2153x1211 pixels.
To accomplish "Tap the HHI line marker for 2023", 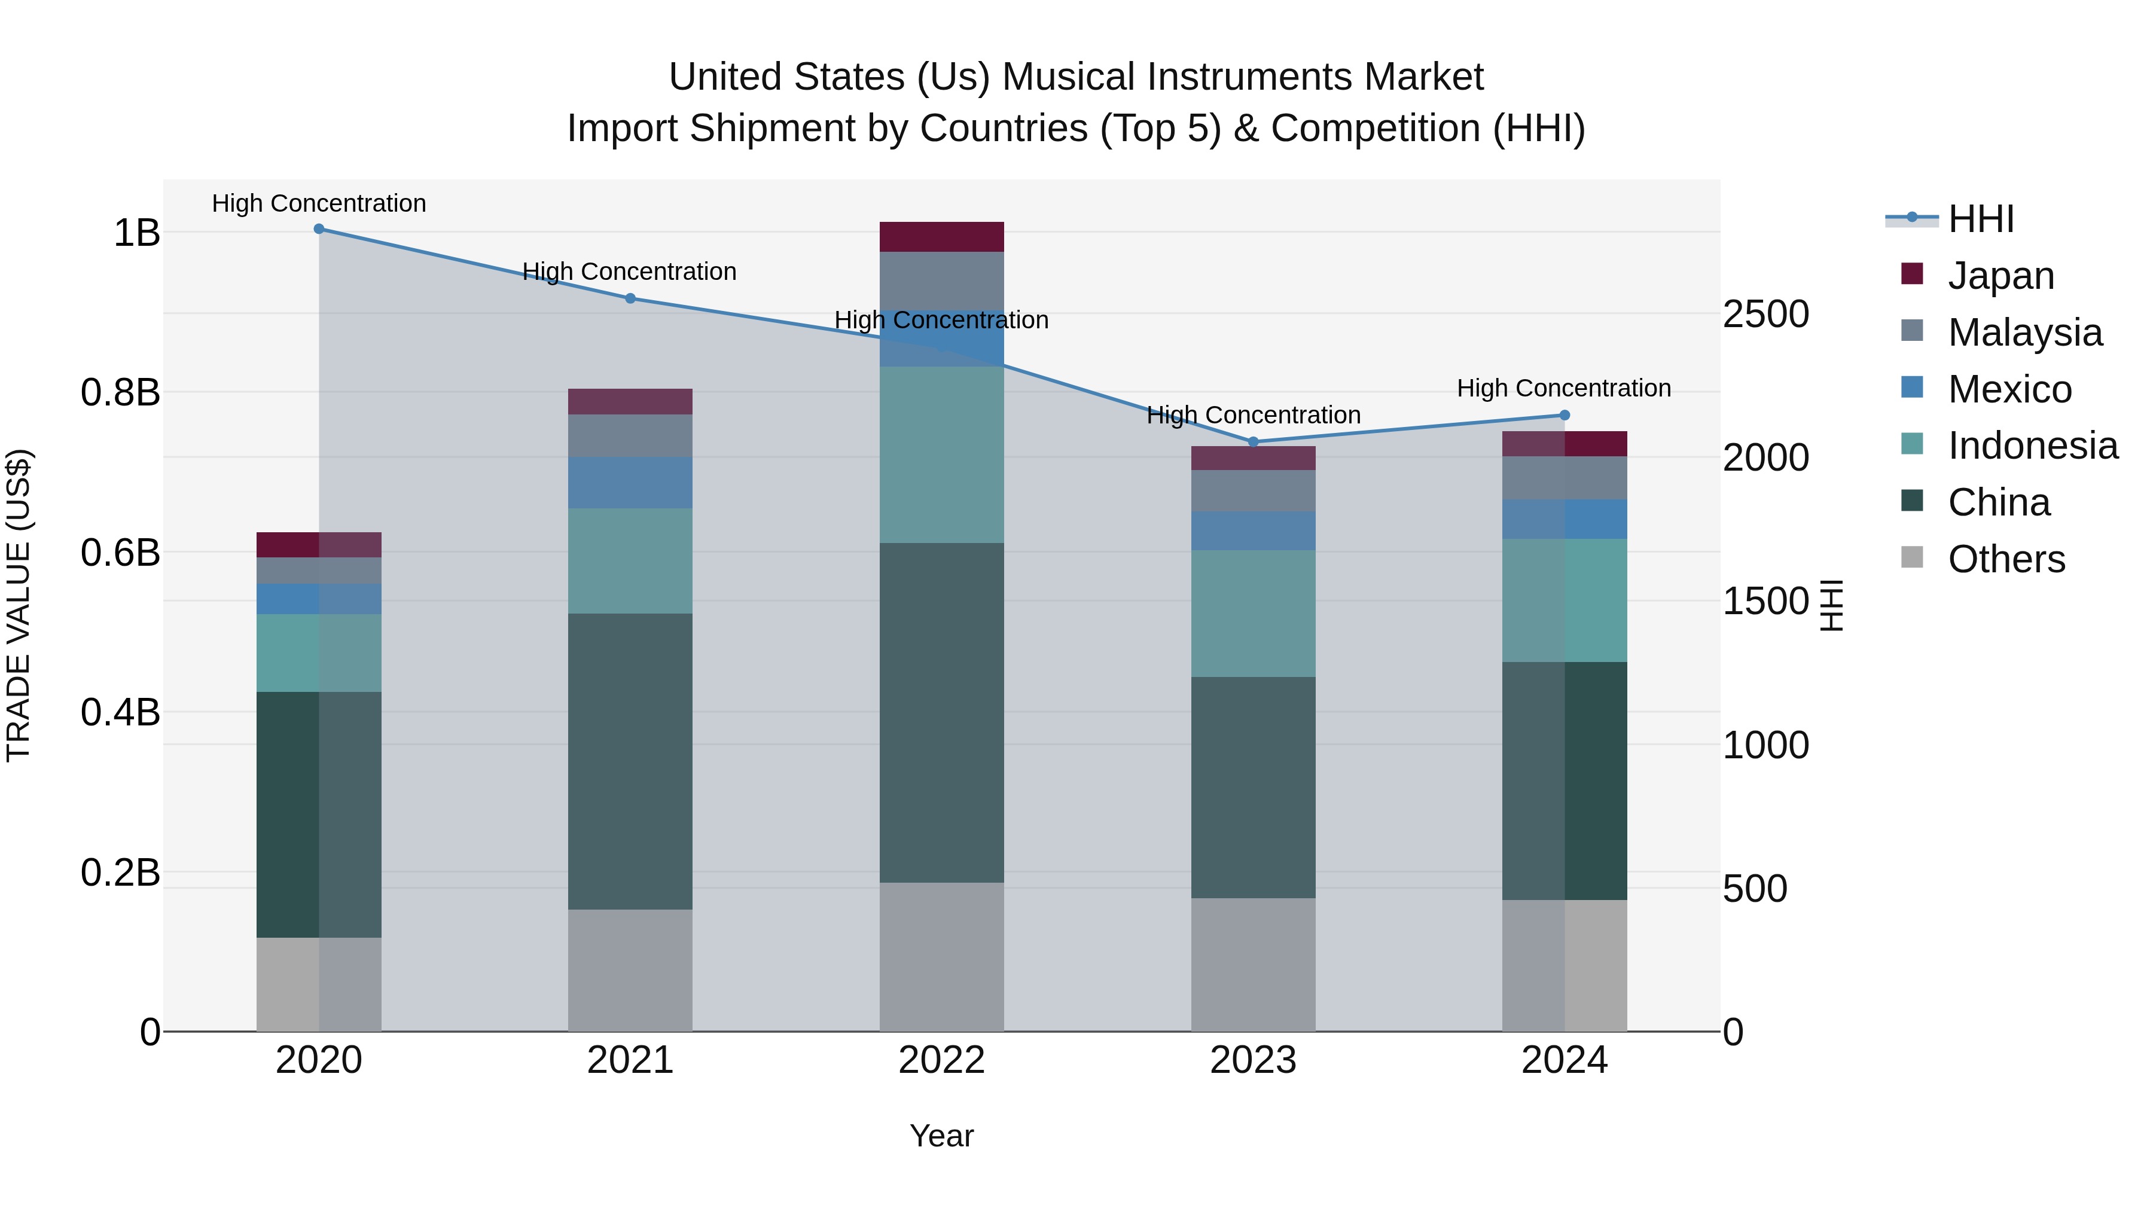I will tap(1253, 441).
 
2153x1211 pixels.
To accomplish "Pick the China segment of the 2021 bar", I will tap(630, 761).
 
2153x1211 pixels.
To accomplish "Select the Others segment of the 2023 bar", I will tap(1253, 965).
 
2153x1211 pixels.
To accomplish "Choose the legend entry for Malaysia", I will tap(2024, 333).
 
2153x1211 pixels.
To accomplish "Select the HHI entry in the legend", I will tap(1980, 219).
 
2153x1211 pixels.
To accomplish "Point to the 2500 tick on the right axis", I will tap(1765, 314).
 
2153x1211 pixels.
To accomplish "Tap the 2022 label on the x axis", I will tap(941, 1060).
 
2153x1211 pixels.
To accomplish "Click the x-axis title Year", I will tap(941, 1136).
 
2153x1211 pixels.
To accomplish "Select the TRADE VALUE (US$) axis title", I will tap(19, 605).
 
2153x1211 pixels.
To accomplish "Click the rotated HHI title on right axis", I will tap(1831, 605).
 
